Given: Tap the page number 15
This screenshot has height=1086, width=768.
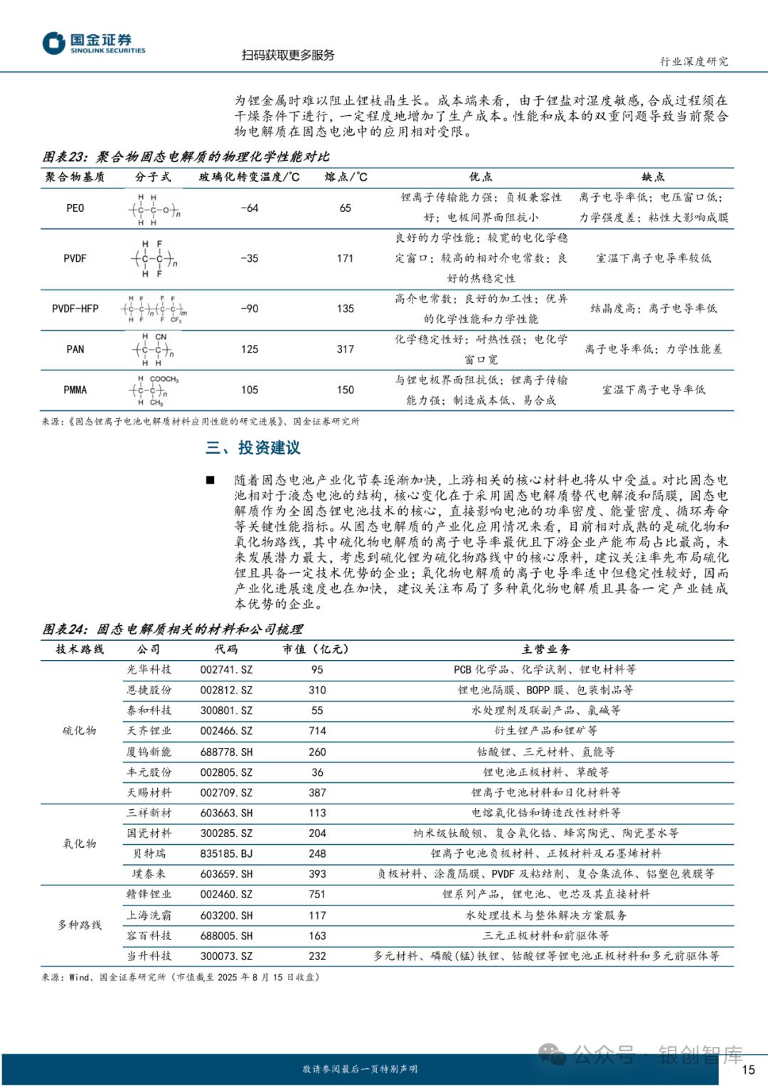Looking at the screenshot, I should click(748, 1069).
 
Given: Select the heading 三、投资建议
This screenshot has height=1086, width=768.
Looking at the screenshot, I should click(253, 447).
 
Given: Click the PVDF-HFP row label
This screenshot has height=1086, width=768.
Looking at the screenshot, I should click(75, 309).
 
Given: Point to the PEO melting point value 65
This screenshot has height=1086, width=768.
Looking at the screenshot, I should click(345, 208).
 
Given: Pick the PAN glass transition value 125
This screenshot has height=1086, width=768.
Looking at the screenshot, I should click(250, 349).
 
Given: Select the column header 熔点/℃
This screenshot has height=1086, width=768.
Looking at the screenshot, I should click(346, 177).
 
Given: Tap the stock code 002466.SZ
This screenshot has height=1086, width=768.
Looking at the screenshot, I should click(226, 731).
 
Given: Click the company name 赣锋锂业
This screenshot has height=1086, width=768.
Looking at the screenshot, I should click(149, 895).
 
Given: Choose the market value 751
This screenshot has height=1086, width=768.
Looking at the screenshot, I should click(317, 895).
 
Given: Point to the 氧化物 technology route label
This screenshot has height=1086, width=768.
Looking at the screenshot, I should click(80, 843).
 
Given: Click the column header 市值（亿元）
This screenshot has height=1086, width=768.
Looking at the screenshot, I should click(316, 649).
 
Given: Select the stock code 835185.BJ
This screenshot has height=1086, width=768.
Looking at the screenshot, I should click(226, 853).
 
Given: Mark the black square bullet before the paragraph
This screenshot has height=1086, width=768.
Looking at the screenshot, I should click(210, 480).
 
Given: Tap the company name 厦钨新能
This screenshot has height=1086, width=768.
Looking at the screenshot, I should click(149, 752).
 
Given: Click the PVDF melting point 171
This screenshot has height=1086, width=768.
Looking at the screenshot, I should click(345, 258).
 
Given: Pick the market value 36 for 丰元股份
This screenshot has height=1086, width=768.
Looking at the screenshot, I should click(317, 772).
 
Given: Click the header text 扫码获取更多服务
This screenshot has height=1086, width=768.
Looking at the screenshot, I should click(288, 55).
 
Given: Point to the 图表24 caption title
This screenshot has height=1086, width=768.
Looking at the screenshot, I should click(173, 629).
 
